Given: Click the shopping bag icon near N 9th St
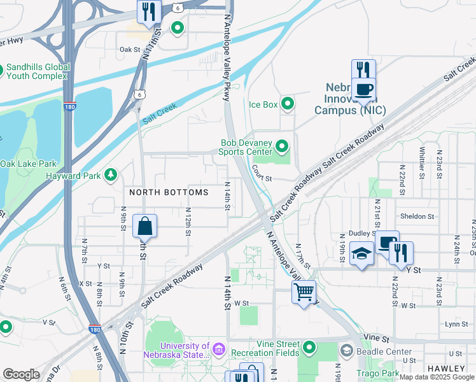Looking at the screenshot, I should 144,225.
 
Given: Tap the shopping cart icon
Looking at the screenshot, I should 304,292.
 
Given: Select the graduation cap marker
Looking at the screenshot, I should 361,254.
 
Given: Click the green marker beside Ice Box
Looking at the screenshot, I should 288,103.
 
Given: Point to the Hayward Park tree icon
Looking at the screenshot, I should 111,174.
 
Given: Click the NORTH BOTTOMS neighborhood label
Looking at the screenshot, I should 169,192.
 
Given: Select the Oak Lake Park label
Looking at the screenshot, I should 29,164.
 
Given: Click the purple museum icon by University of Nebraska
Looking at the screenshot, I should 219,350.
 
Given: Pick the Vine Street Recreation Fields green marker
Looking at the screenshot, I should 309,348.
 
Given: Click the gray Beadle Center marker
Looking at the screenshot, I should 346,351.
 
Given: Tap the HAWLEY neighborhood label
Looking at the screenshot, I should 448,369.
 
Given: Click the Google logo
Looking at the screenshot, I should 21,374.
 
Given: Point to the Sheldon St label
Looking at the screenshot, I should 417,216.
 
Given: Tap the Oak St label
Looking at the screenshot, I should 129,49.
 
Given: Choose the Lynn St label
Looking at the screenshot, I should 456,324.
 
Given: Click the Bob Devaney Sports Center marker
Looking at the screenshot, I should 281,148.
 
